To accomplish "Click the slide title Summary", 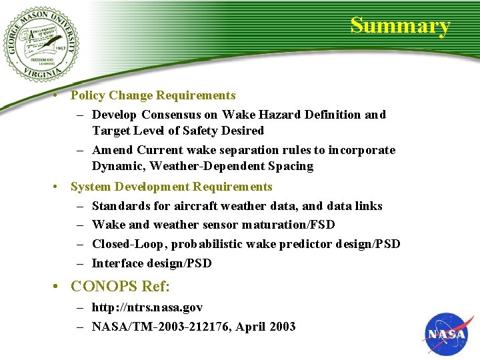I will tap(400, 25).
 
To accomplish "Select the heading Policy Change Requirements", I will tap(153, 95).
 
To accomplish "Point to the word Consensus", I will tap(168, 115).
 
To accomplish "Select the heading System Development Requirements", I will tap(171, 187).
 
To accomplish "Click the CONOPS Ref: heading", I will tap(120, 287).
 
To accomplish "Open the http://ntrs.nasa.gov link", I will tap(147, 308).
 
